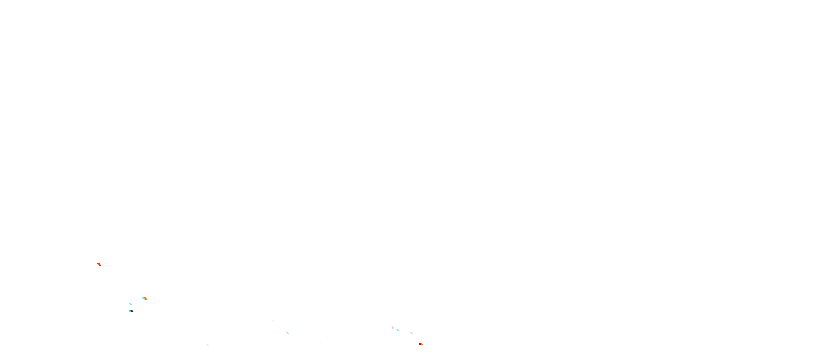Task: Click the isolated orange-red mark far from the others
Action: click(100, 264)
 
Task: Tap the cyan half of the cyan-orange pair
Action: click(143, 298)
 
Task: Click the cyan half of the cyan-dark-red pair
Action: click(130, 311)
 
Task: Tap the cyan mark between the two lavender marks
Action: click(398, 330)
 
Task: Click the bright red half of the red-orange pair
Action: click(420, 344)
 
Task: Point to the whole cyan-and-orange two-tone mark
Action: click(144, 298)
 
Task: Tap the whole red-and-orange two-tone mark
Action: click(421, 344)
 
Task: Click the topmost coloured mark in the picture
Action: click(100, 264)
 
